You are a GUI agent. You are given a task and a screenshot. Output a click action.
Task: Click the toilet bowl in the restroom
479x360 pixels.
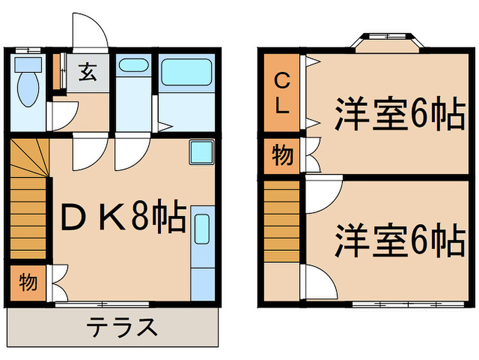click(28, 89)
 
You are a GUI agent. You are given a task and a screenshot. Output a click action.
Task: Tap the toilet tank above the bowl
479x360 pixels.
click(28, 65)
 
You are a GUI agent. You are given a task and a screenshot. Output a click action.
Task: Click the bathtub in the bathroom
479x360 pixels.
click(186, 72)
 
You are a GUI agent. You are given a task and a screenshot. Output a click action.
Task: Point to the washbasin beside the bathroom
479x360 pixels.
click(133, 65)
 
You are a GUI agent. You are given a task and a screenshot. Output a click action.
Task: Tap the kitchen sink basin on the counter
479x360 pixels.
click(202, 229)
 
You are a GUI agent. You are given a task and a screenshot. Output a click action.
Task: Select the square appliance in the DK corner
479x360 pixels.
click(202, 152)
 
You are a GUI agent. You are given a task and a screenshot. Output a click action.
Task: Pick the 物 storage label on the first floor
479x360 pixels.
click(28, 283)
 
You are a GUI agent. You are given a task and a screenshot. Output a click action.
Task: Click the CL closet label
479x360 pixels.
click(282, 94)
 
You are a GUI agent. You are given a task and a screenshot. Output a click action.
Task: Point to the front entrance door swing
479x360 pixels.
click(90, 33)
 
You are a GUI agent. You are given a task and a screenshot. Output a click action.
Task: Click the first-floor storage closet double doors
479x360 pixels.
click(57, 283)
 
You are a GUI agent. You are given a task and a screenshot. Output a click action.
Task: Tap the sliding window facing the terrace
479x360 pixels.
click(102, 304)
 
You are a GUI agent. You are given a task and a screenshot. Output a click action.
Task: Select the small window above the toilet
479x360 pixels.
click(28, 50)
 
